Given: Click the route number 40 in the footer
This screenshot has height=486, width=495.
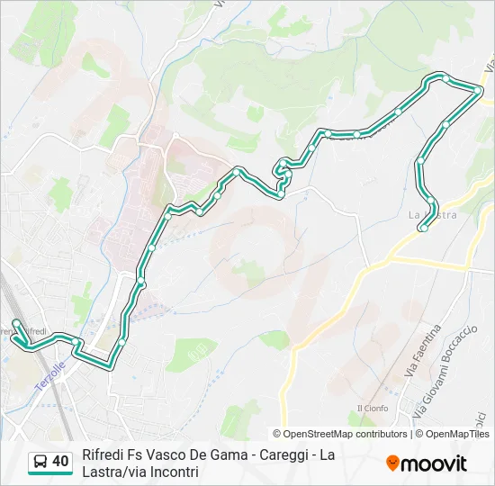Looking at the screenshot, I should [x=60, y=462].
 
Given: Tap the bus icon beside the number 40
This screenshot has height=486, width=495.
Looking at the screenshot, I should [x=40, y=463].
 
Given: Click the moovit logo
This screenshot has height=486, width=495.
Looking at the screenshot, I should [x=427, y=463].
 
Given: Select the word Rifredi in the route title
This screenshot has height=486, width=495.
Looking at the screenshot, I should [x=104, y=454].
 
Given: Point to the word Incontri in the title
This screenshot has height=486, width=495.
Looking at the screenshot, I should [x=176, y=472].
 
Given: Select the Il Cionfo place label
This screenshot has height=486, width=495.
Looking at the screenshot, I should [x=371, y=408].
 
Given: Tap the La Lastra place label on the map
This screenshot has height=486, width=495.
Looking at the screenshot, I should [x=433, y=215].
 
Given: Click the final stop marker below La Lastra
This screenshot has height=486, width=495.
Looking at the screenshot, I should [x=423, y=229].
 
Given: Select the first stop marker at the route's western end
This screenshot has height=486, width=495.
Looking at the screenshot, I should [x=16, y=322].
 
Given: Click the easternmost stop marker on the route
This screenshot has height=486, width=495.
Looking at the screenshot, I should [x=478, y=89].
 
